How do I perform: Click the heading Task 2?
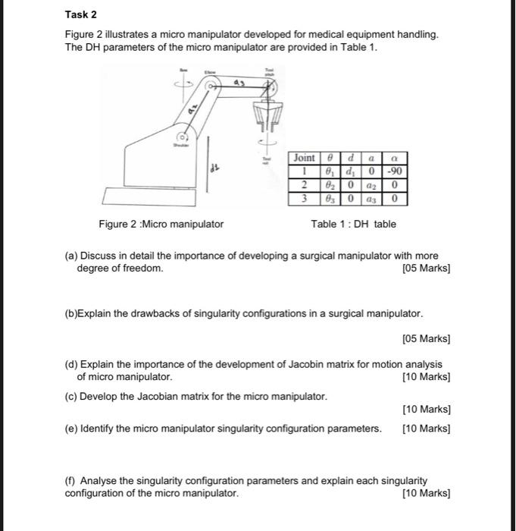tap(81, 14)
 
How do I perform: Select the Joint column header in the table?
tap(305, 158)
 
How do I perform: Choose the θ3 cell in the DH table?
tap(330, 200)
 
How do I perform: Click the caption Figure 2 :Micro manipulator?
tap(161, 224)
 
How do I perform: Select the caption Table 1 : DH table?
tap(353, 224)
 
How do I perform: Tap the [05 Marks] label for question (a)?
tap(427, 269)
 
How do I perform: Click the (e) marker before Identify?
tap(70, 429)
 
